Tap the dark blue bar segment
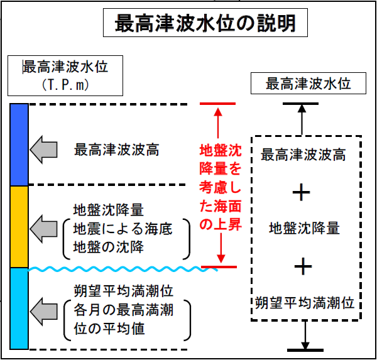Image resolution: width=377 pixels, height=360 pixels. [x=19, y=145]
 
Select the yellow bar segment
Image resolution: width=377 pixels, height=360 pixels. [x=19, y=227]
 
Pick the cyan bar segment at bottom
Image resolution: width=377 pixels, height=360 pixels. [x=19, y=308]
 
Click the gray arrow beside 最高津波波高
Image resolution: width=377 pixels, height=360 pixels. [x=44, y=150]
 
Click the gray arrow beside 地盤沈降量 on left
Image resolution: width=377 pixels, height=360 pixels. [x=44, y=227]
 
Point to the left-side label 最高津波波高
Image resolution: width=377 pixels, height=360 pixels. [x=117, y=150]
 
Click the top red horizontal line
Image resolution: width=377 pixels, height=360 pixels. [x=217, y=103]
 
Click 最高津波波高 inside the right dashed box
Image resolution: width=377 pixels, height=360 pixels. [x=303, y=155]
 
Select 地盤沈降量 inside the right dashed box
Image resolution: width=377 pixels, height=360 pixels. [x=304, y=229]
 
